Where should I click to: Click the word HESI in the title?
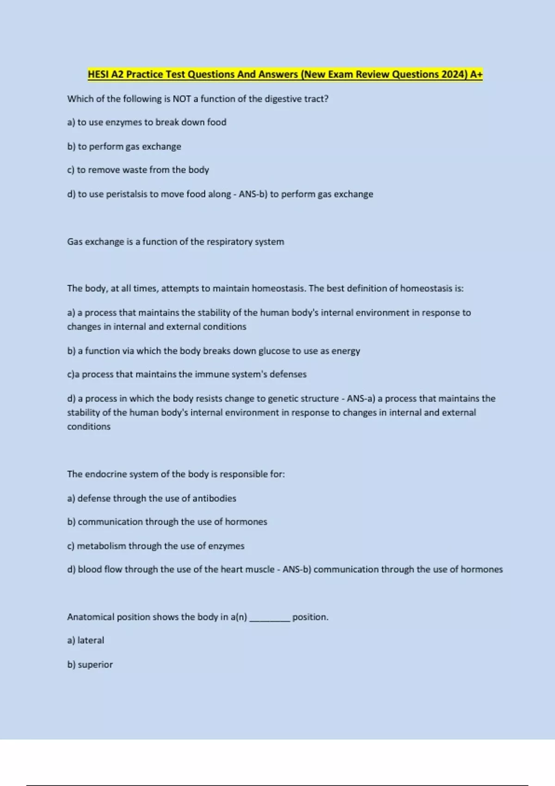99,74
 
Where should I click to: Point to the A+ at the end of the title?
476,74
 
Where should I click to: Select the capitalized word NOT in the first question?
182,99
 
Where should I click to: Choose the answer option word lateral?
91,640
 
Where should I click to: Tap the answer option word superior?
95,665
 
